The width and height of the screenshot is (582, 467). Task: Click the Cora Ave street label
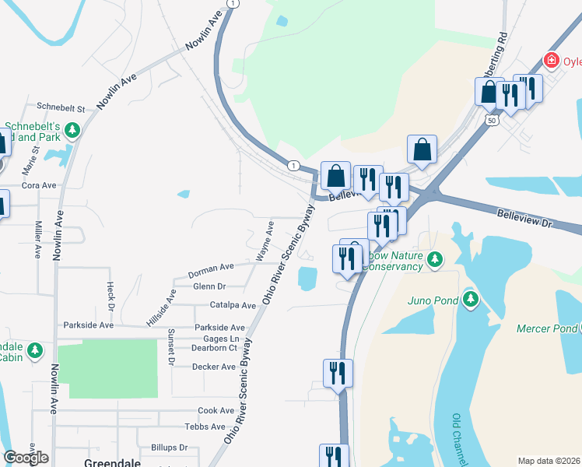[x=40, y=186]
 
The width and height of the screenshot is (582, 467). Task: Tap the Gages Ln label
[x=222, y=339]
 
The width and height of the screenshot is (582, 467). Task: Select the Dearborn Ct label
[x=214, y=349]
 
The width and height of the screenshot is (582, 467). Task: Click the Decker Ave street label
[x=213, y=367]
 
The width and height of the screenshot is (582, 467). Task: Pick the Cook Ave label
[x=216, y=410]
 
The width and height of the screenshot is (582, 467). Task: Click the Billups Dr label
[x=172, y=448]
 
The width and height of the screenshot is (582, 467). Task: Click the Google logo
[x=26, y=458]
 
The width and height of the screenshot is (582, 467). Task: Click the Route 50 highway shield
[x=489, y=120]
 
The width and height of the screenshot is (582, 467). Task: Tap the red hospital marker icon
[x=552, y=60]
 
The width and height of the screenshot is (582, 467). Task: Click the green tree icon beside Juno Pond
[x=470, y=299]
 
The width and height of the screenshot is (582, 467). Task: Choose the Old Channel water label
[x=459, y=439]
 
